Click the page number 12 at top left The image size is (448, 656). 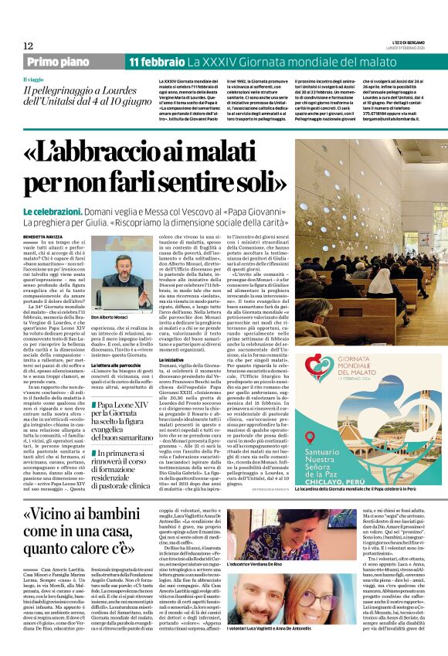tap(28, 46)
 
